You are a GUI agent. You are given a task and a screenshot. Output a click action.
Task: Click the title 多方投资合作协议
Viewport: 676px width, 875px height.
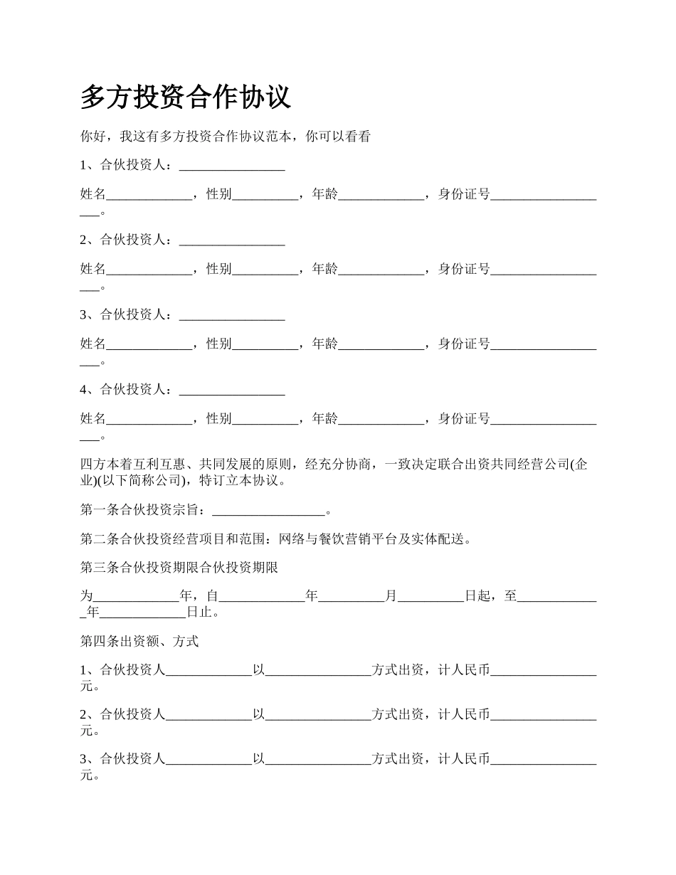[186, 97]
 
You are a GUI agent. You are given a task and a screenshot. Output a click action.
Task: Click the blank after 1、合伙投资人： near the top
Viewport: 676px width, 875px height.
[232, 166]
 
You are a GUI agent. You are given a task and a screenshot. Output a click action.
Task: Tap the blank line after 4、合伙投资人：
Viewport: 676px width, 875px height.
[232, 390]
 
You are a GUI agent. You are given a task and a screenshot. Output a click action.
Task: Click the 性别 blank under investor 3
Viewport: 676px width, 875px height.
[265, 344]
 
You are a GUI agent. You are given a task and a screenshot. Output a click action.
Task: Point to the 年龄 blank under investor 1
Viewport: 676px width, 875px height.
[381, 195]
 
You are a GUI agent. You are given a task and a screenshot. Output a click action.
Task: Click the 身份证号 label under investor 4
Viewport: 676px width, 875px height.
[464, 419]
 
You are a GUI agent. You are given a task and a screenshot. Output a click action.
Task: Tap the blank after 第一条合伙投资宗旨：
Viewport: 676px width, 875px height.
[268, 510]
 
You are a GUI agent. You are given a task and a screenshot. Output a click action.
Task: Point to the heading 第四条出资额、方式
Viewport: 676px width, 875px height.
[139, 642]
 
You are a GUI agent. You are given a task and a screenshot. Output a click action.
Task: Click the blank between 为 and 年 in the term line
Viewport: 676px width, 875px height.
[137, 596]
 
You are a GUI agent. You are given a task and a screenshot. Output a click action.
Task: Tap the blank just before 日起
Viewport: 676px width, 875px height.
[431, 596]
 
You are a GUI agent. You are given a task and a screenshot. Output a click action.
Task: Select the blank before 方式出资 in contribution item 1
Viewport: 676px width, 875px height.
[318, 670]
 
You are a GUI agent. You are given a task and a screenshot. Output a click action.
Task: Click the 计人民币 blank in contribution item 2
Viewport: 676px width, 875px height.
[544, 714]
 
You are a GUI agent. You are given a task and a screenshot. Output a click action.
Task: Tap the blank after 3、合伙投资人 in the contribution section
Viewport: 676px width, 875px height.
[208, 760]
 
